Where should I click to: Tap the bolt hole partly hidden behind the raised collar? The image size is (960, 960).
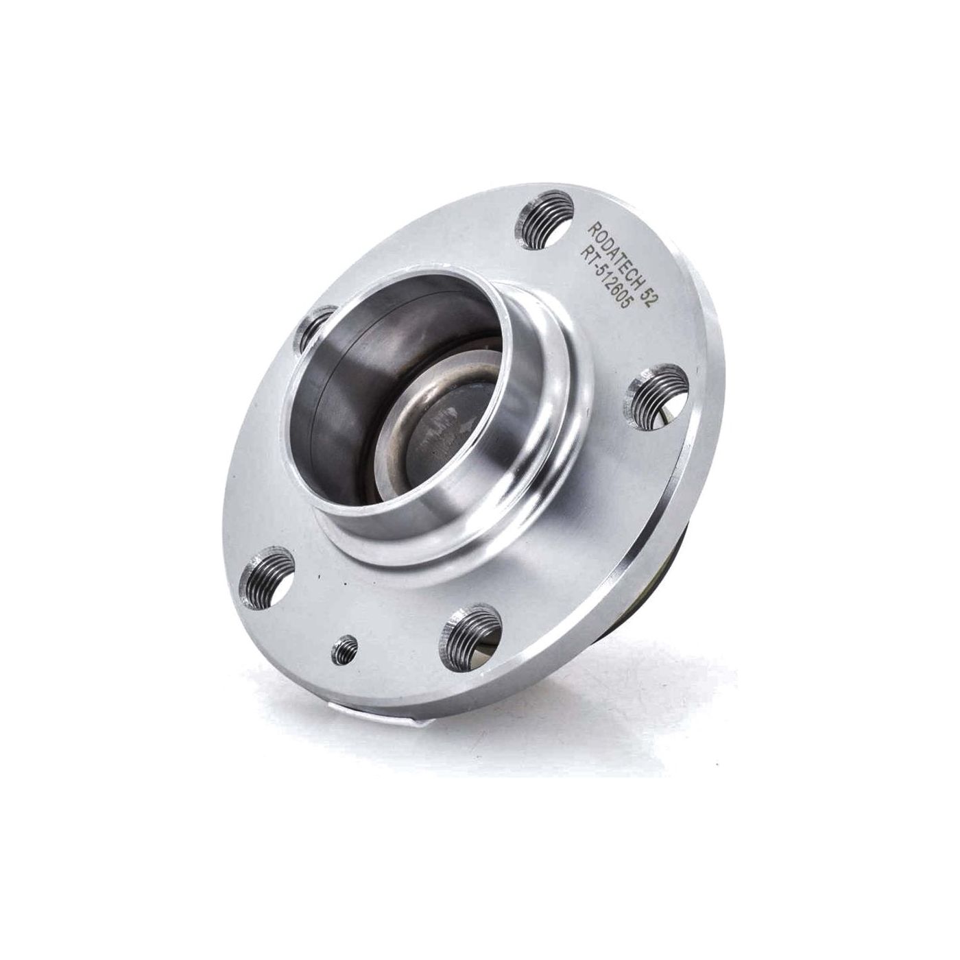(x=311, y=331)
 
